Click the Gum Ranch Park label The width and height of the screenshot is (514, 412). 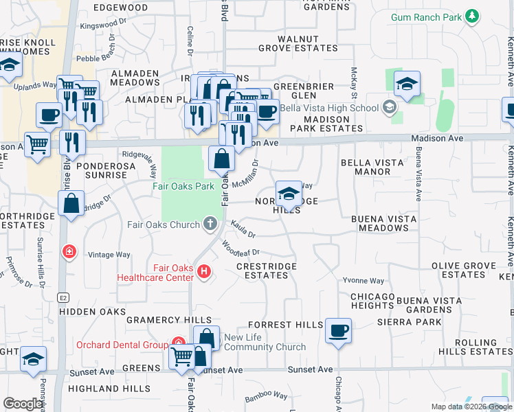pyautogui.click(x=425, y=16)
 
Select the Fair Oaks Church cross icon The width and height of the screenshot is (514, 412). pyautogui.click(x=211, y=224)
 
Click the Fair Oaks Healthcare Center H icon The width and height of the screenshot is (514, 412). pyautogui.click(x=203, y=273)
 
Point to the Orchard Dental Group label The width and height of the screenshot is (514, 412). pyautogui.click(x=122, y=345)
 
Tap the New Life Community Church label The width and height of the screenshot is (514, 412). pyautogui.click(x=265, y=342)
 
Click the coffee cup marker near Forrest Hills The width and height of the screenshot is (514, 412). pyautogui.click(x=338, y=330)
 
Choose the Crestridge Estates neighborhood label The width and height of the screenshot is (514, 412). pyautogui.click(x=267, y=271)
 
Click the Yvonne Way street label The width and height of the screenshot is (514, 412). pyautogui.click(x=364, y=280)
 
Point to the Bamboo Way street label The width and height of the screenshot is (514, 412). pyautogui.click(x=267, y=396)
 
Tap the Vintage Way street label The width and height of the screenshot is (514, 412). pyautogui.click(x=109, y=255)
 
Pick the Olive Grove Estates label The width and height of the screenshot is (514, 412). pyautogui.click(x=464, y=270)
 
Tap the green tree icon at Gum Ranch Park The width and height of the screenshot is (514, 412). pyautogui.click(x=471, y=16)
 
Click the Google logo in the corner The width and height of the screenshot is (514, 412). pyautogui.click(x=22, y=404)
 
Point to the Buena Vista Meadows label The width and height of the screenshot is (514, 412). pyautogui.click(x=383, y=223)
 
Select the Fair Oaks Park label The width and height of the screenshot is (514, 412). pyautogui.click(x=181, y=185)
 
